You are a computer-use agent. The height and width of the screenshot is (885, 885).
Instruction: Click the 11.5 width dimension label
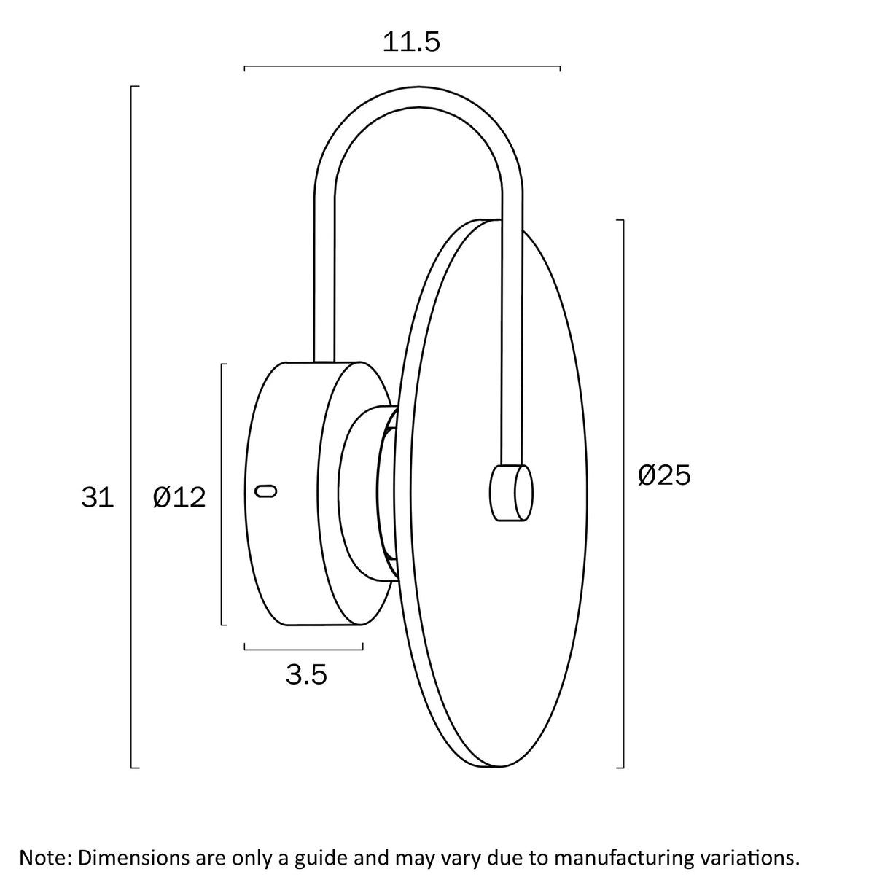point(411,42)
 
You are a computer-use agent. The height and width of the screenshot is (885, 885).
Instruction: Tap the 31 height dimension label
point(97,497)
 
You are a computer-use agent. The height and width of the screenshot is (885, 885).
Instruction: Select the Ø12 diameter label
point(179,497)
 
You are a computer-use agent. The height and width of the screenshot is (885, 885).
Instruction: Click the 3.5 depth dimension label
point(306,674)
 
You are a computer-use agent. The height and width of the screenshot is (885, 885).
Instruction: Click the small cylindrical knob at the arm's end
point(512,494)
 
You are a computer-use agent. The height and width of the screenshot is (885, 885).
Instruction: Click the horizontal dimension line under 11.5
point(402,66)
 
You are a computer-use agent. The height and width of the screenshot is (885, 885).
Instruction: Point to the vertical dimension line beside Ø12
point(222,494)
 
